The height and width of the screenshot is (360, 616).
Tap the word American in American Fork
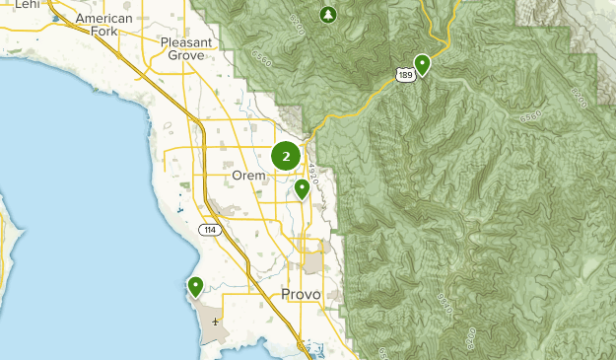tap(103, 19)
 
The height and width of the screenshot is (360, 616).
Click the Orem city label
tap(249, 176)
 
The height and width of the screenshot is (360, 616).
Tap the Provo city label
tap(301, 294)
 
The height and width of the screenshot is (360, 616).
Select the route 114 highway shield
tap(208, 230)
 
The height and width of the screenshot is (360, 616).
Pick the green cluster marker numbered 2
tap(286, 156)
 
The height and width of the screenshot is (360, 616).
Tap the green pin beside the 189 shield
tap(422, 65)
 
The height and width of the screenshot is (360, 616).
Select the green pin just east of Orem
tap(302, 188)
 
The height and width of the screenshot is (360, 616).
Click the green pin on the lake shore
tap(195, 287)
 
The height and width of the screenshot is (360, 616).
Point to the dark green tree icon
tap(328, 15)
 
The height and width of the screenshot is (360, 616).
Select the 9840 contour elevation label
tap(444, 304)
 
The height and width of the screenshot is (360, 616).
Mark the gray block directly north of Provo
tap(313, 262)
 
